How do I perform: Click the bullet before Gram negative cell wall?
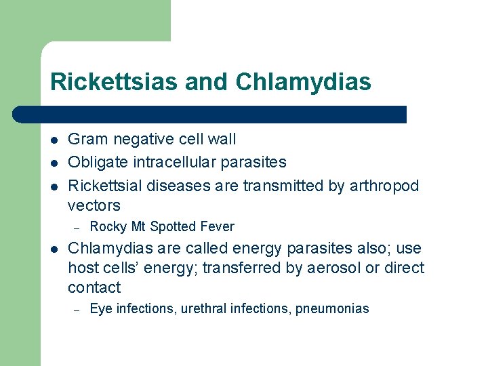[54, 140]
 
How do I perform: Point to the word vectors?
[94, 205]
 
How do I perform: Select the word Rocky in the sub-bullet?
[107, 226]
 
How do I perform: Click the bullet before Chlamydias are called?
[54, 249]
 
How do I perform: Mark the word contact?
[94, 287]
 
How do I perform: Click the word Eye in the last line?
[101, 309]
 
